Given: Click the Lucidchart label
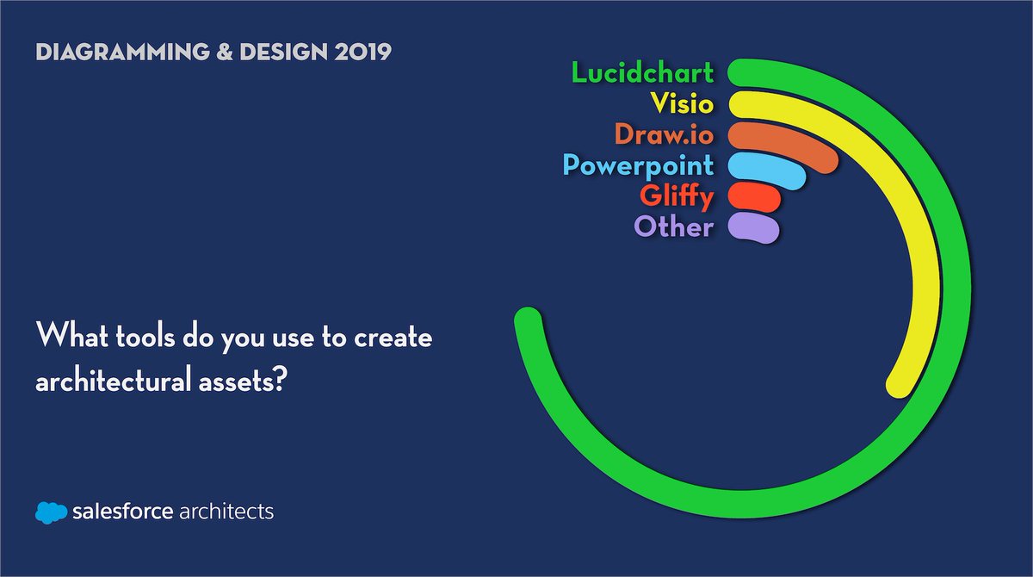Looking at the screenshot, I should (x=642, y=72).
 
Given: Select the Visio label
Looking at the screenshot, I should (x=681, y=103).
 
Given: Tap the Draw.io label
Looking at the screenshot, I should (x=664, y=134).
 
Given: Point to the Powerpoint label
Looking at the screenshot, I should (x=638, y=165).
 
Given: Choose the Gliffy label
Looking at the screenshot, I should (x=677, y=196).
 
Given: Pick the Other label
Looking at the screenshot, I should (x=673, y=227).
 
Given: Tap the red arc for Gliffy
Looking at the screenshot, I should (x=755, y=197).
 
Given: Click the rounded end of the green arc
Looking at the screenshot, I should (x=527, y=320).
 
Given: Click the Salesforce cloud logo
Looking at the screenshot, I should (x=51, y=512).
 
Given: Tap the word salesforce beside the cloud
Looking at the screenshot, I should (x=122, y=512).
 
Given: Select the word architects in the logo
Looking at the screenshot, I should (x=226, y=512).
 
